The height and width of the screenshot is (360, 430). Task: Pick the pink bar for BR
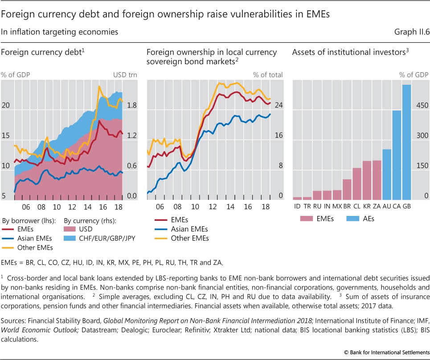point(347,189)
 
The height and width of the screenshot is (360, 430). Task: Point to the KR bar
point(367,180)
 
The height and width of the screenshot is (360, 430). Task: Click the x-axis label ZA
point(377,207)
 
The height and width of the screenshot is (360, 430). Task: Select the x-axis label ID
point(297,207)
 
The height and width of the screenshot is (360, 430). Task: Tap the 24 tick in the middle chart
point(278,105)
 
